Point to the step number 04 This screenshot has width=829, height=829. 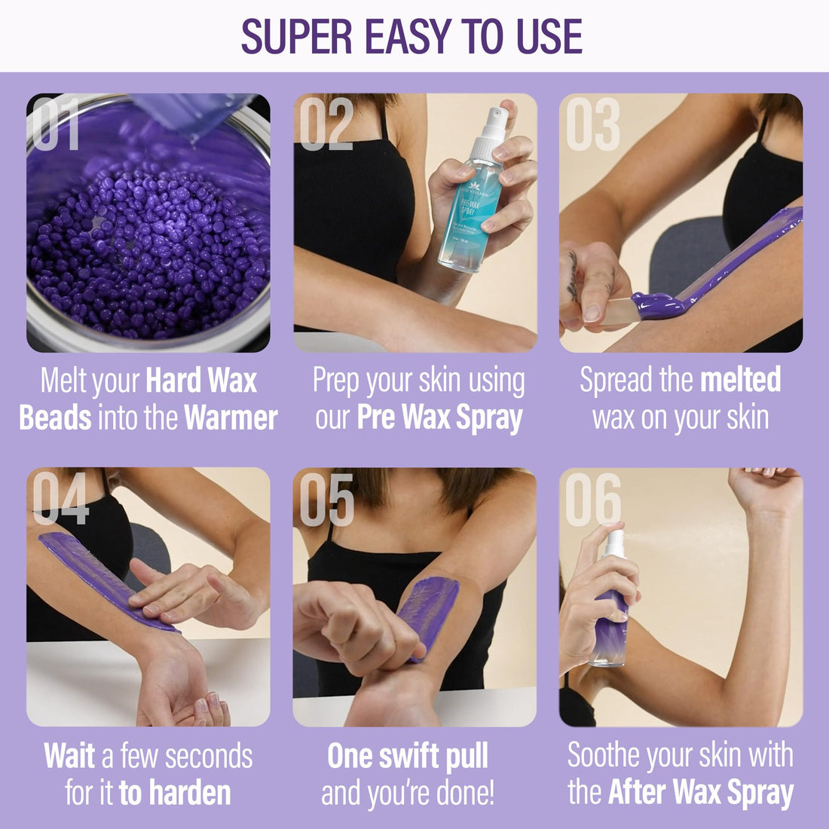pyautogui.click(x=60, y=498)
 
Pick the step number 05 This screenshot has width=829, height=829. pyautogui.click(x=326, y=498)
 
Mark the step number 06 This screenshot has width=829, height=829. pyautogui.click(x=593, y=498)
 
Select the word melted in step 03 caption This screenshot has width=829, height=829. pyautogui.click(x=740, y=381)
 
